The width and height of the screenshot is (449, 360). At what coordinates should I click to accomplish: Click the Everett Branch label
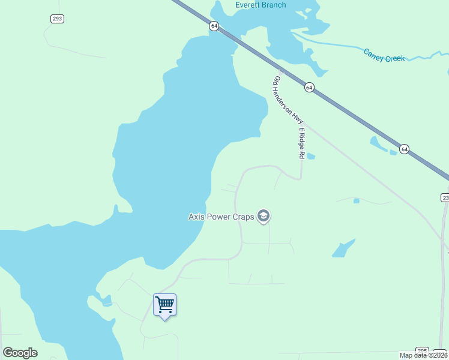point(261,5)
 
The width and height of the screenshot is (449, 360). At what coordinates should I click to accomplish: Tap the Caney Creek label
point(384,55)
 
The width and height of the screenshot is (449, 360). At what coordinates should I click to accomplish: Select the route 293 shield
point(57,19)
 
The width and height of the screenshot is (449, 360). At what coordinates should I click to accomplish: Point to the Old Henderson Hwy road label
point(286,100)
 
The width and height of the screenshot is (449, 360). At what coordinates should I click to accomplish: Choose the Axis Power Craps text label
point(221,217)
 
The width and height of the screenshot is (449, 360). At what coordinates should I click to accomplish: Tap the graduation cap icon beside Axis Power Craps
point(263,216)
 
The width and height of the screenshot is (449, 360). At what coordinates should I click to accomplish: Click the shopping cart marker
point(164,305)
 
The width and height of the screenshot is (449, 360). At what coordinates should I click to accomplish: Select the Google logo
point(20,353)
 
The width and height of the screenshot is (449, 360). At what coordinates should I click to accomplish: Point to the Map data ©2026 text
point(423,355)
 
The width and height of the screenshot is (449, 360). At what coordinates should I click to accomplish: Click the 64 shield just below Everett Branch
point(214,26)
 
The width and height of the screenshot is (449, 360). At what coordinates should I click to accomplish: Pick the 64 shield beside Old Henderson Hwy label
point(309,87)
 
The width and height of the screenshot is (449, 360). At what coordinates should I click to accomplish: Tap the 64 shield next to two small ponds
point(405,149)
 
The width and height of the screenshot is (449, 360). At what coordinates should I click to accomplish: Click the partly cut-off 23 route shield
point(445,197)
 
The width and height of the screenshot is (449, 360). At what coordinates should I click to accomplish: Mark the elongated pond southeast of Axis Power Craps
point(343,248)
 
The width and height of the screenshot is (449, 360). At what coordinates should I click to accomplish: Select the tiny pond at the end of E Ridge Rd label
point(311,157)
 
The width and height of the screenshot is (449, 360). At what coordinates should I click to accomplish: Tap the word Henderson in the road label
point(288,102)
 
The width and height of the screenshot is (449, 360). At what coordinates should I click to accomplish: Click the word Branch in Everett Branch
point(274,5)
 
